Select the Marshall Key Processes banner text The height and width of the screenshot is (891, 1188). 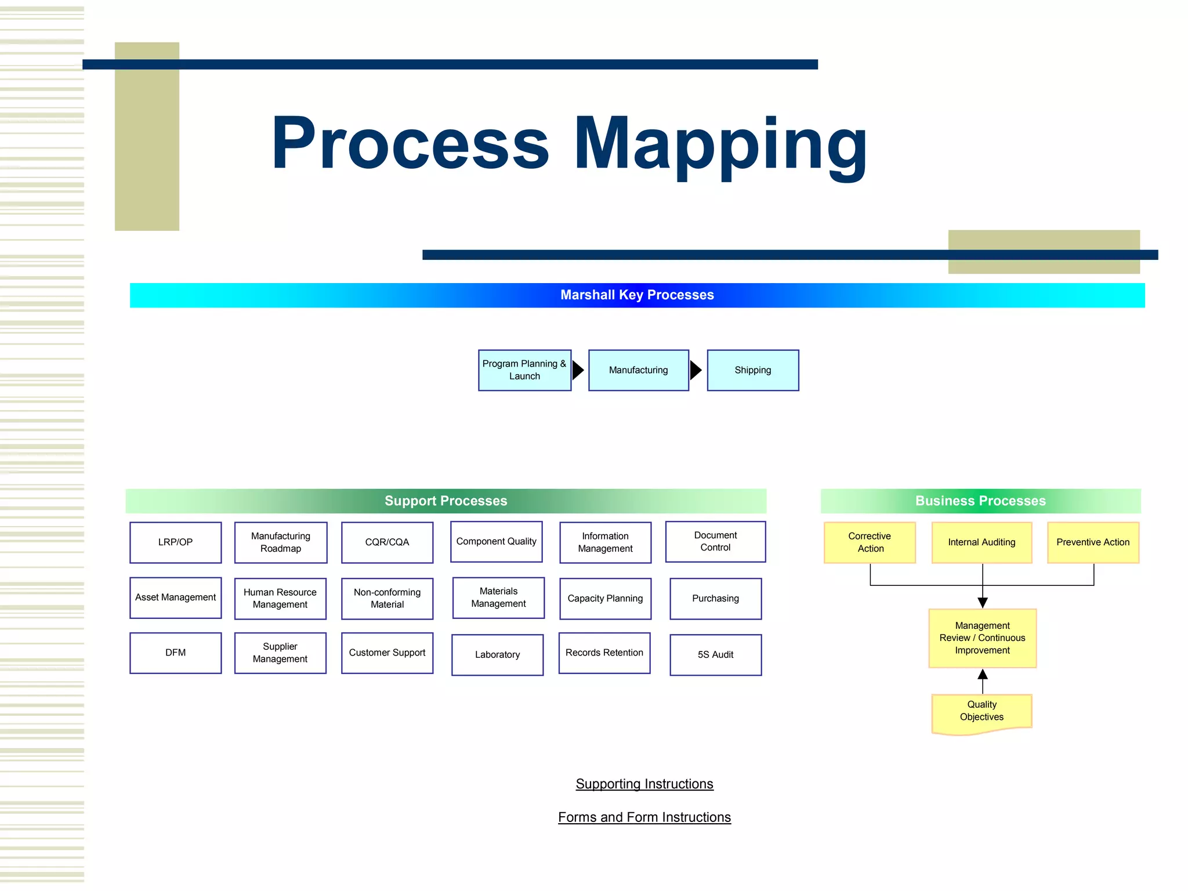[x=637, y=295]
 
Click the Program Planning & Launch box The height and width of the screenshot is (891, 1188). [x=524, y=370]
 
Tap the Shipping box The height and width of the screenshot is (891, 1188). [x=752, y=370]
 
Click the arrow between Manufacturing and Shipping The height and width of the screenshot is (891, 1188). [x=696, y=370]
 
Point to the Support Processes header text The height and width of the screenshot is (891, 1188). [x=445, y=501]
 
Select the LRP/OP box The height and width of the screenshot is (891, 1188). [x=175, y=542]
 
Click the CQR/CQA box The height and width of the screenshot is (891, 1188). [x=387, y=542]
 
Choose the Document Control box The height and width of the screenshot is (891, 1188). [x=715, y=541]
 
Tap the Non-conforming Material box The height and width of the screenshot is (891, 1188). [x=387, y=598]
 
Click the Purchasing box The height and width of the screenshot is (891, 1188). [x=715, y=598]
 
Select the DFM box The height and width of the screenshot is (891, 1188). [x=175, y=653]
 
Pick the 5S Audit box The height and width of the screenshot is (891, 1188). [x=715, y=654]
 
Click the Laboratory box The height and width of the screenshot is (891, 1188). [x=497, y=654]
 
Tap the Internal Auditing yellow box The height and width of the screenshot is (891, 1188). [x=981, y=542]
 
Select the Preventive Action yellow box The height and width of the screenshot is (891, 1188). [x=1093, y=542]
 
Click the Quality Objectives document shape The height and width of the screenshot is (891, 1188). [x=981, y=712]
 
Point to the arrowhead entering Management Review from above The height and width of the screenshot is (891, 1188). [x=983, y=603]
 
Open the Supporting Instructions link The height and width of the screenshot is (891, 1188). [x=644, y=784]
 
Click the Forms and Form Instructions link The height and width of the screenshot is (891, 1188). [x=644, y=817]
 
